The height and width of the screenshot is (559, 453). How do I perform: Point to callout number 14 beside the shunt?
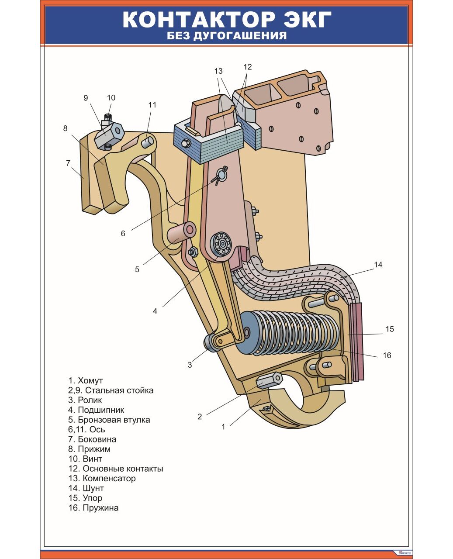coord(378,265)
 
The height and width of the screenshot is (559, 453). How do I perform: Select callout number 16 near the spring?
coord(387,355)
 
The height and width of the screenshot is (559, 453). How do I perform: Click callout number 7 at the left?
coord(68,163)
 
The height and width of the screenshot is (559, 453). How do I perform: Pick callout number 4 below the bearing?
coord(155,311)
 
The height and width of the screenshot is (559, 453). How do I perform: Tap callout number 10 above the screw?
coord(111,98)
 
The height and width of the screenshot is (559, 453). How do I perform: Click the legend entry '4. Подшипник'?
coord(96,410)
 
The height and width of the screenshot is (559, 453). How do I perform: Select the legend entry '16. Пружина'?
coord(93,508)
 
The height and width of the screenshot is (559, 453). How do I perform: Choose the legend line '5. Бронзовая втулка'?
coord(109,420)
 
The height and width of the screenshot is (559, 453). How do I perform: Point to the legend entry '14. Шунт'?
coord(86,488)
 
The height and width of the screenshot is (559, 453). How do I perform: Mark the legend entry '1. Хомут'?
coord(86,381)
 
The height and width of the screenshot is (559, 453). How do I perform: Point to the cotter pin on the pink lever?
coord(222,174)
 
